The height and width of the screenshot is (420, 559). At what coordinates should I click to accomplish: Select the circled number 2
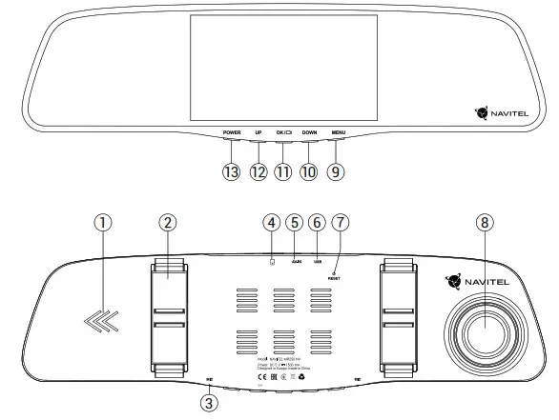click(167, 222)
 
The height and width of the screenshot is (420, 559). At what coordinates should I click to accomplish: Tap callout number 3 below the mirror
click(209, 402)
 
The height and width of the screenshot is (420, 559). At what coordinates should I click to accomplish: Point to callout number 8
click(486, 222)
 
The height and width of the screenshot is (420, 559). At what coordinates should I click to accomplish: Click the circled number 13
click(231, 171)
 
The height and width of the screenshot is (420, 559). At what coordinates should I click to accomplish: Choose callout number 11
click(283, 171)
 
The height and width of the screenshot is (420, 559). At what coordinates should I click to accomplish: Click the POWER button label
click(232, 132)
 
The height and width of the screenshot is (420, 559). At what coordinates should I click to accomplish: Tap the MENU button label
click(339, 132)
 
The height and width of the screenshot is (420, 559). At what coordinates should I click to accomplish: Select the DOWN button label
click(309, 132)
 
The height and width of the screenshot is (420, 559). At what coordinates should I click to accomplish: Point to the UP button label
click(259, 132)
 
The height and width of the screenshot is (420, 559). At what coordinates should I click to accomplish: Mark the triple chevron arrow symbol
click(98, 324)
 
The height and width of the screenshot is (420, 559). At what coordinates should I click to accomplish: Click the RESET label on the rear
click(335, 279)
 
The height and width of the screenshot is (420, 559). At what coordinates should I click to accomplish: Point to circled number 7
click(340, 222)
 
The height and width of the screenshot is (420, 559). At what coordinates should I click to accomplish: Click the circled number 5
click(295, 222)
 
